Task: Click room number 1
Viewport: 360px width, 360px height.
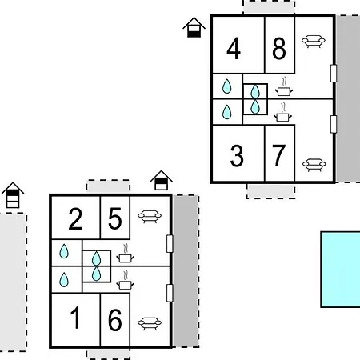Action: click(x=75, y=318)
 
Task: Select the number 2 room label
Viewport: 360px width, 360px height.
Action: click(x=75, y=219)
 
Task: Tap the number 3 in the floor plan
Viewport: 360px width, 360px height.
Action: click(x=237, y=156)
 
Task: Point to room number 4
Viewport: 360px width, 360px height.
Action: click(x=234, y=49)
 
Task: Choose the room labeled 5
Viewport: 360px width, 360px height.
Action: click(x=115, y=219)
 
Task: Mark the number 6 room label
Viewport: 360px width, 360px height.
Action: click(x=115, y=320)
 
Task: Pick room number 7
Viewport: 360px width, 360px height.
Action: click(x=279, y=155)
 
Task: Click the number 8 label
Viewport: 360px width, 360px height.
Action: click(x=279, y=49)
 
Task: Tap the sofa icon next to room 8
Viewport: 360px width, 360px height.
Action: click(x=314, y=42)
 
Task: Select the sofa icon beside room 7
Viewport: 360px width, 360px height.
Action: click(x=314, y=165)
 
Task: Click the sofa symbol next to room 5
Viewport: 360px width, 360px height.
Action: click(x=150, y=217)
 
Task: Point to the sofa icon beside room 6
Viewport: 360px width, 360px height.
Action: click(x=150, y=323)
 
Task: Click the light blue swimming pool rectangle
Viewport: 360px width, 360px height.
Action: click(x=341, y=270)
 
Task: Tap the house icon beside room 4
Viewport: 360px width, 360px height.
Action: click(x=194, y=27)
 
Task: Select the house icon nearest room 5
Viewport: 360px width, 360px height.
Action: click(x=161, y=180)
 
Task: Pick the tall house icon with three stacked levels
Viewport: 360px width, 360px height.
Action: click(x=13, y=195)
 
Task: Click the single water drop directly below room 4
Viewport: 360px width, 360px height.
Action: click(x=227, y=86)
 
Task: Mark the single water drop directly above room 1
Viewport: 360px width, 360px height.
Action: click(x=64, y=280)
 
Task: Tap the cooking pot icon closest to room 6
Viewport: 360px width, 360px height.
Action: click(x=126, y=280)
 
